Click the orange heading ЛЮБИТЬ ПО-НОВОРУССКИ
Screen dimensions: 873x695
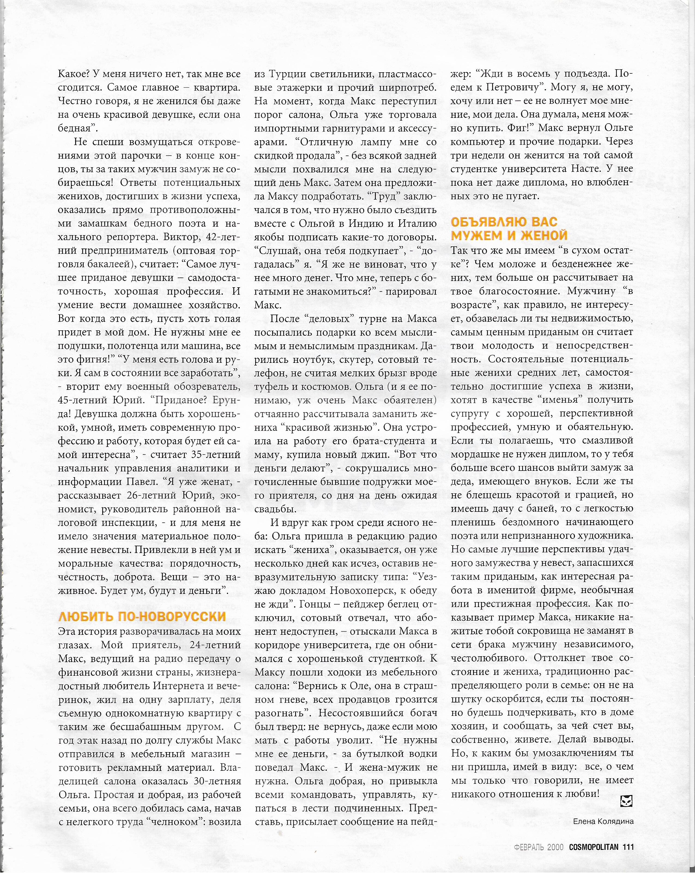coord(142,616)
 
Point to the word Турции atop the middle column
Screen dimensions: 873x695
coord(289,74)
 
